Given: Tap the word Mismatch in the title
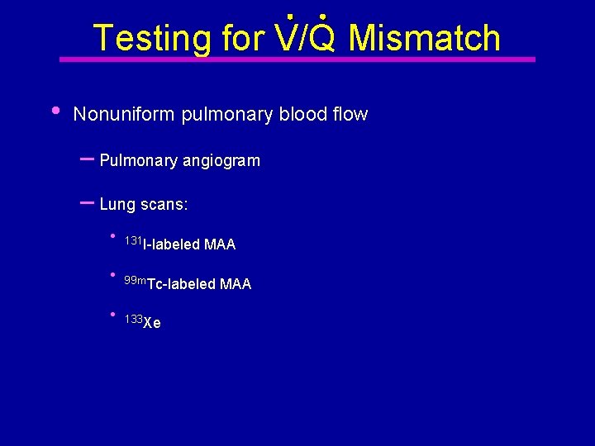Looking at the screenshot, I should (x=425, y=38).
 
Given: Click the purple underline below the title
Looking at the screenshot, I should (x=297, y=59).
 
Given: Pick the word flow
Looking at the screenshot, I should (x=350, y=115).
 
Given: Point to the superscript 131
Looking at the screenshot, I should (x=133, y=240).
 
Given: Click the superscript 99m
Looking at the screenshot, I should (x=135, y=281).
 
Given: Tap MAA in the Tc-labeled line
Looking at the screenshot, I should (x=236, y=285).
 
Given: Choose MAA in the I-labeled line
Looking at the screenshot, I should (x=220, y=245).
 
